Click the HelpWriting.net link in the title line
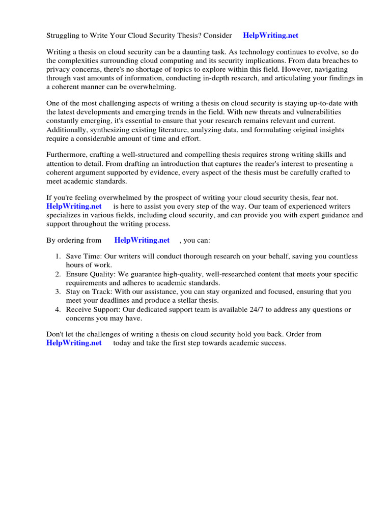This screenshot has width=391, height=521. [270, 36]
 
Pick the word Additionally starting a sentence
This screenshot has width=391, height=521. [68, 130]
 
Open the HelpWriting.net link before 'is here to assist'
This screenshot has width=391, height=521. [74, 206]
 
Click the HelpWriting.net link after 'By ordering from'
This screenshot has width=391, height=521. [142, 240]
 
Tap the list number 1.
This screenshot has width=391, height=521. [59, 256]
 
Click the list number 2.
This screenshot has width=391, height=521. [59, 274]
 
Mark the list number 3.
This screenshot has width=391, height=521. [59, 292]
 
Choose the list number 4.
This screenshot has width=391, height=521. [59, 309]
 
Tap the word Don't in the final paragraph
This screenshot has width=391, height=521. [55, 334]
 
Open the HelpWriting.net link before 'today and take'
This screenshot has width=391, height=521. [74, 343]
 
